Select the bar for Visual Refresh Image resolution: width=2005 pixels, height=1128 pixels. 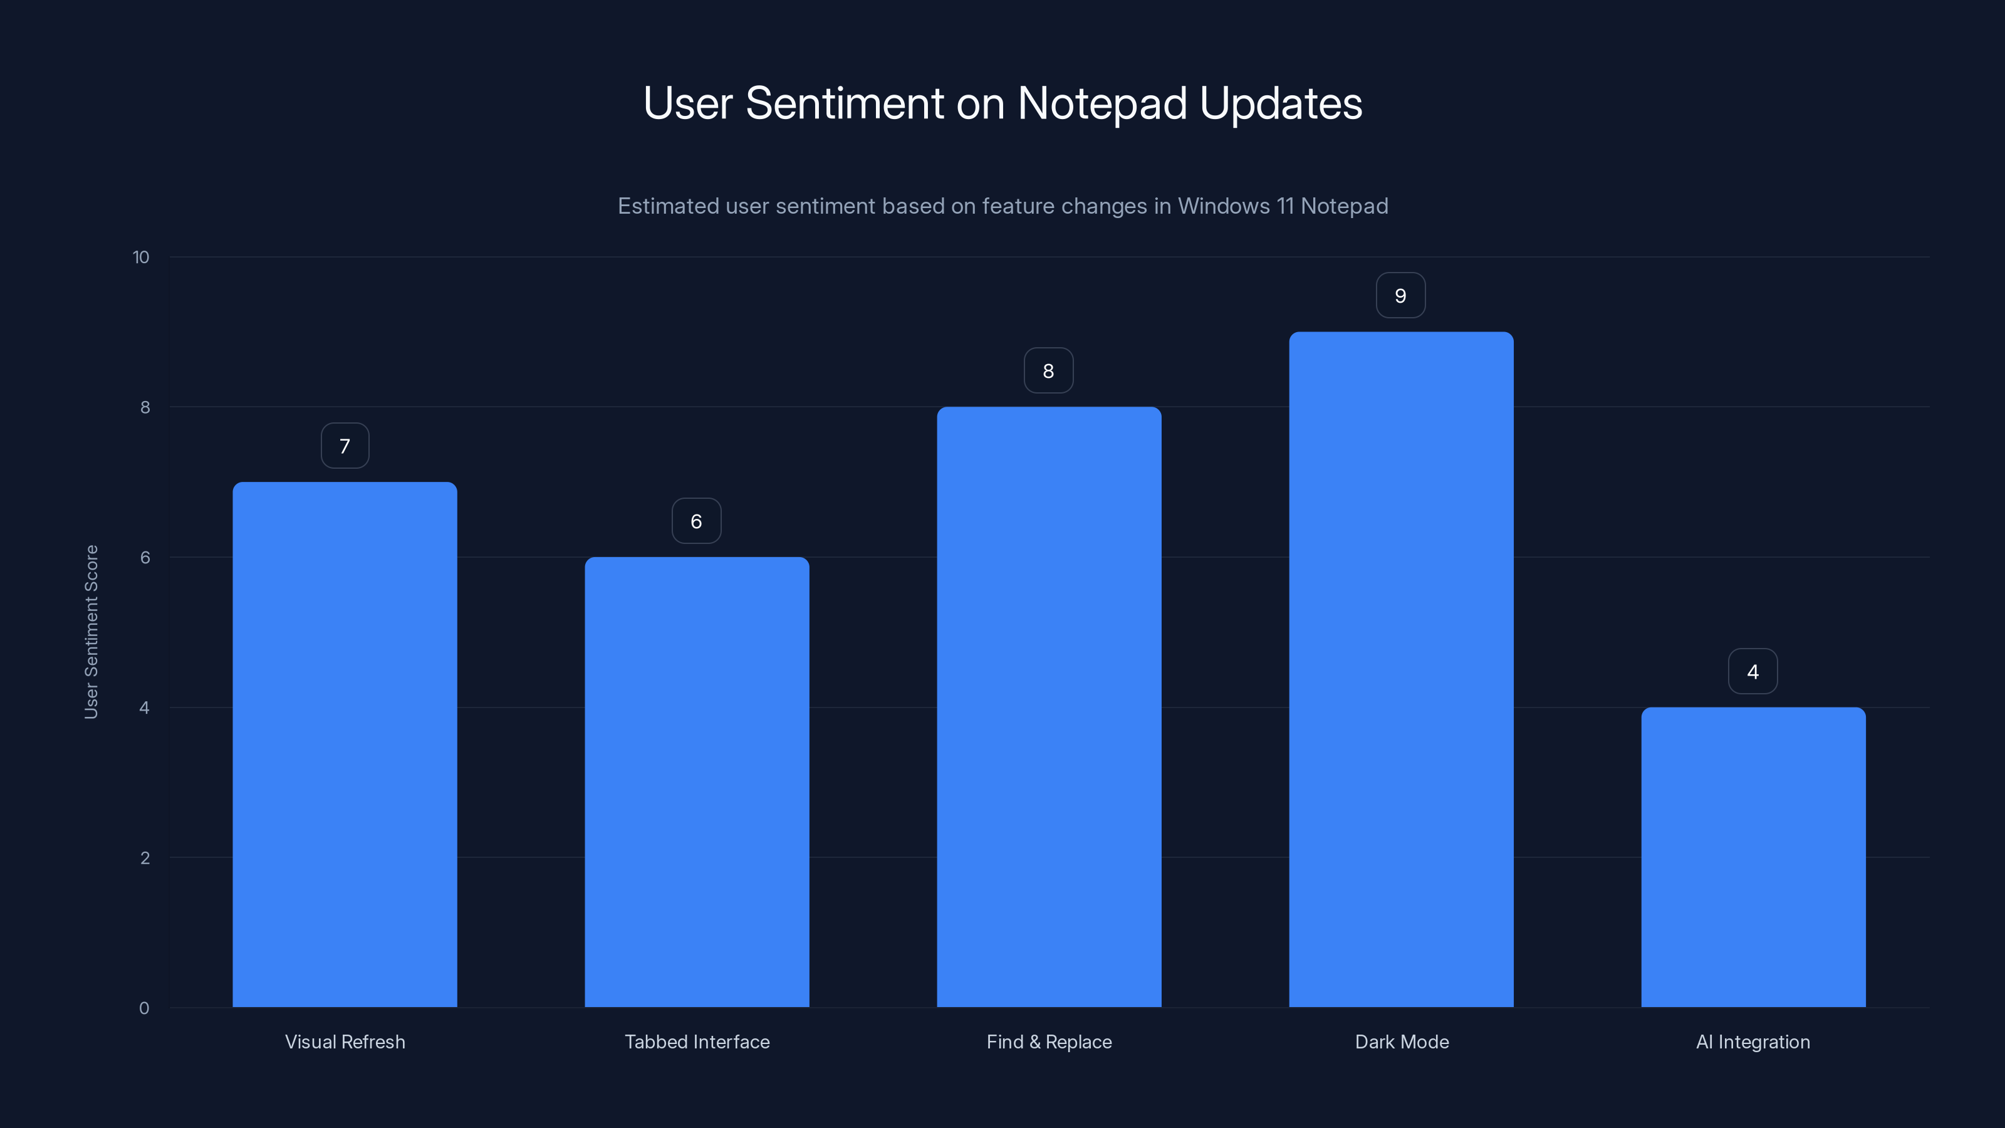click(345, 744)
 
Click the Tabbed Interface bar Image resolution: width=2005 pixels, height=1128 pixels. click(697, 781)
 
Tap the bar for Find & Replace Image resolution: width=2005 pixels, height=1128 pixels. click(1048, 707)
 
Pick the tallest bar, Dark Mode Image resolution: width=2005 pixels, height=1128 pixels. click(1401, 669)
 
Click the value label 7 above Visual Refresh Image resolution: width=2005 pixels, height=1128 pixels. click(345, 446)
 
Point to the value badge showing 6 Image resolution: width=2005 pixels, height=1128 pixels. click(697, 521)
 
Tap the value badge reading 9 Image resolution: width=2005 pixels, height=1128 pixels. click(1400, 296)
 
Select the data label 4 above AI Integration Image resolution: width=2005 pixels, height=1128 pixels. click(1753, 672)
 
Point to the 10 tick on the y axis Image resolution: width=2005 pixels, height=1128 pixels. click(141, 258)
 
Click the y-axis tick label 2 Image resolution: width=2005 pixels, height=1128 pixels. click(145, 858)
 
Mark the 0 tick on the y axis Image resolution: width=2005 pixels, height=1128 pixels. click(144, 1008)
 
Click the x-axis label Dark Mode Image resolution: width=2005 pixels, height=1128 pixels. click(1402, 1042)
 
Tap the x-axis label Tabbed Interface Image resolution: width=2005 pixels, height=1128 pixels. click(697, 1042)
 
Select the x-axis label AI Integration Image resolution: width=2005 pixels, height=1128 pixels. click(1753, 1042)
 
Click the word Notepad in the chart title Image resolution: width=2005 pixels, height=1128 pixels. click(1101, 103)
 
